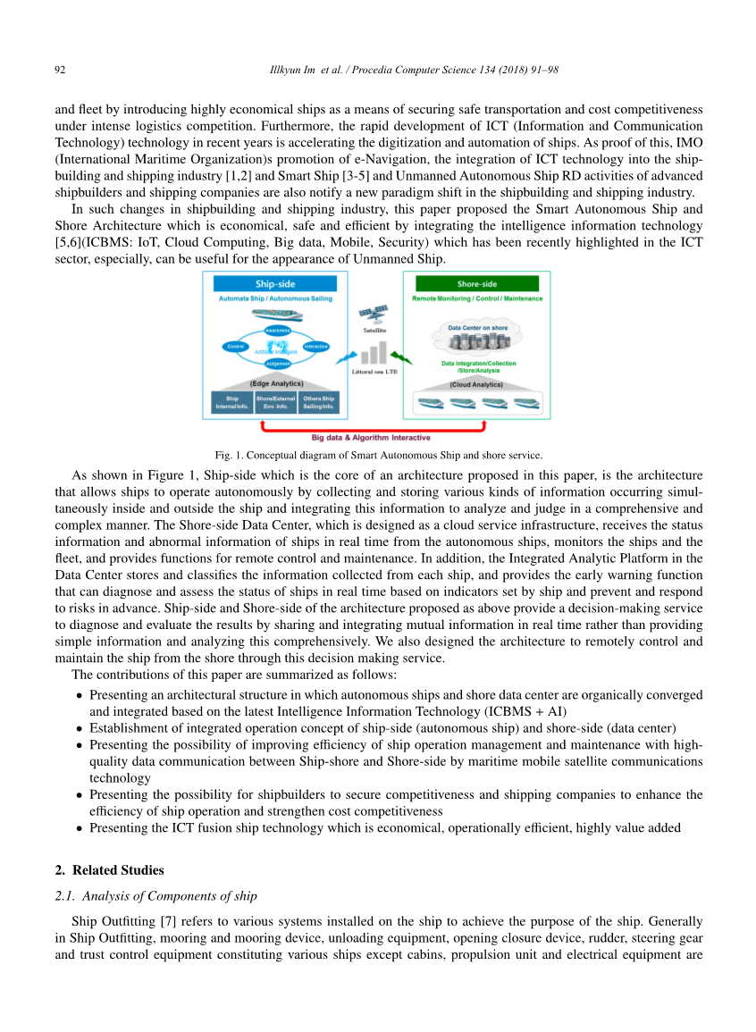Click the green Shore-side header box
click(476, 284)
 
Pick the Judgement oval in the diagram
click(277, 364)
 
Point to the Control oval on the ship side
click(236, 347)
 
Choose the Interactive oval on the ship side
click(315, 347)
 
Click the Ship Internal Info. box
click(231, 402)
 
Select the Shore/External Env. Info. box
click(275, 402)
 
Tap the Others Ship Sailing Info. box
click(318, 402)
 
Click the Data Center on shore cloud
click(477, 338)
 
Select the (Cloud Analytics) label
click(476, 384)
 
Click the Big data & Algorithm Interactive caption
click(371, 438)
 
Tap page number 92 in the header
click(61, 70)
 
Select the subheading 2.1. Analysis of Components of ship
click(155, 896)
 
